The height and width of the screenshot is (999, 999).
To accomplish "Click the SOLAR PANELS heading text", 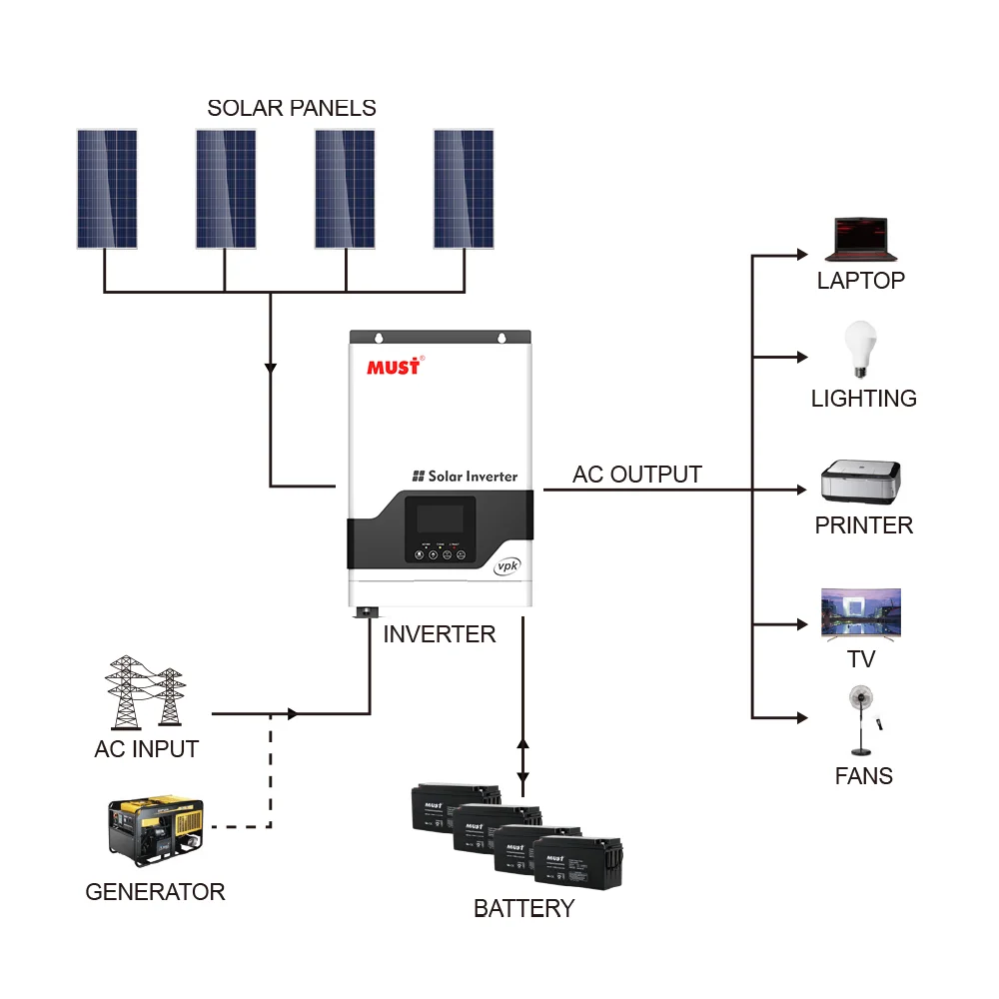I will click(x=292, y=108).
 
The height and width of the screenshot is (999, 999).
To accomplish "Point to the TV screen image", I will click(x=860, y=612).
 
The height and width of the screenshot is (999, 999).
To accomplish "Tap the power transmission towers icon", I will click(x=146, y=691).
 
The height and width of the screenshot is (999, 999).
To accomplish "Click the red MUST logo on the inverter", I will click(x=395, y=366).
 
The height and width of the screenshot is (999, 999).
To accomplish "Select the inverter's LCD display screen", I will click(x=440, y=519).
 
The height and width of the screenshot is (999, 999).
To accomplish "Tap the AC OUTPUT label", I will click(x=636, y=475).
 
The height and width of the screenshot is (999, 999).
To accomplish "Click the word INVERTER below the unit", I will click(x=439, y=634).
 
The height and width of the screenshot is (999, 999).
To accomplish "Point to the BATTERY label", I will click(x=523, y=908).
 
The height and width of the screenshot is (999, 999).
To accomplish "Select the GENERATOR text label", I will click(x=155, y=892).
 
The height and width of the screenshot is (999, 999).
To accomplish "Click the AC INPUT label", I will click(x=146, y=749).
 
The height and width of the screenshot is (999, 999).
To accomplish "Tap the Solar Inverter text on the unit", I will click(x=465, y=477).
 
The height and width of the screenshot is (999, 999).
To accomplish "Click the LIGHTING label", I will click(x=863, y=399).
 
